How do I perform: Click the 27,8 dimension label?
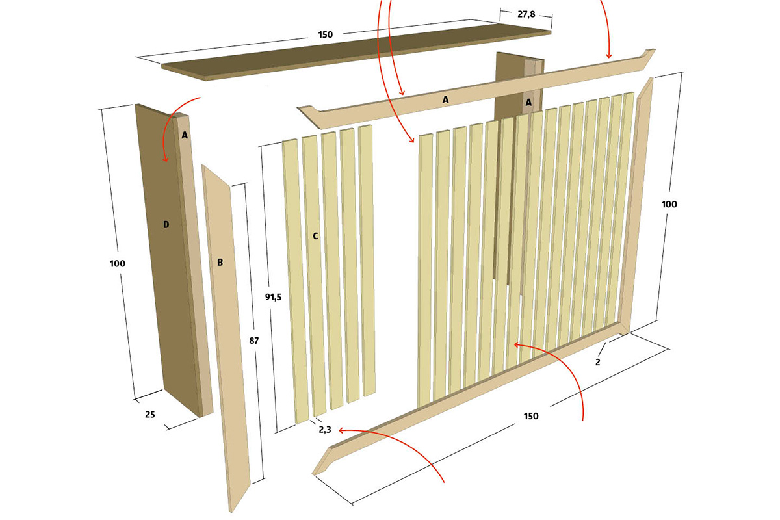click(x=526, y=14)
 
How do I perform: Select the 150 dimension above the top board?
click(x=325, y=34)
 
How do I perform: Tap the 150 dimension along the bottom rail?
click(x=531, y=416)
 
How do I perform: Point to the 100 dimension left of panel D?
click(x=118, y=263)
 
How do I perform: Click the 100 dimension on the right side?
click(x=669, y=204)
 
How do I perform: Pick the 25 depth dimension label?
click(x=149, y=415)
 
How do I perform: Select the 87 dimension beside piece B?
click(x=254, y=341)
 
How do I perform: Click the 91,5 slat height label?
click(x=274, y=297)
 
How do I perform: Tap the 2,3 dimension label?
click(x=325, y=430)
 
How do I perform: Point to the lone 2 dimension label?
click(x=597, y=362)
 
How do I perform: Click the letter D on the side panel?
click(x=166, y=225)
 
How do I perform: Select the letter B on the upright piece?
click(x=220, y=262)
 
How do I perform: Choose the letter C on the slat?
click(x=315, y=236)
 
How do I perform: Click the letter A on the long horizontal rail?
click(x=445, y=100)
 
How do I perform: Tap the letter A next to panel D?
click(x=185, y=135)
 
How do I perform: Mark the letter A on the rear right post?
click(x=528, y=103)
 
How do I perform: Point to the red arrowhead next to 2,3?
click(x=342, y=431)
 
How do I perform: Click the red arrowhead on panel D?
click(x=166, y=159)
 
